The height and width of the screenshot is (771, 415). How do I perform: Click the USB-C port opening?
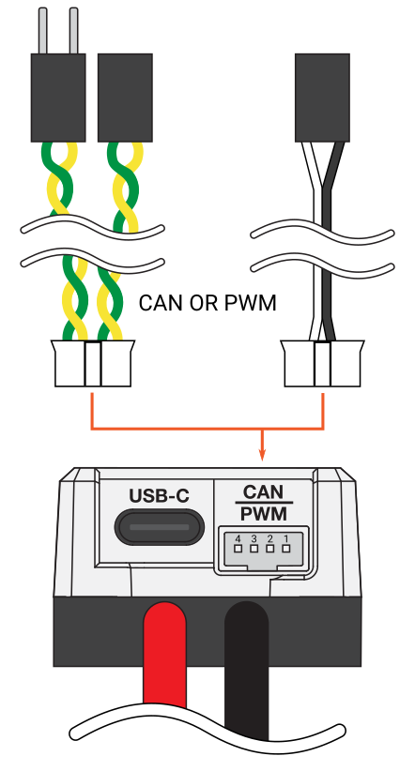pos(159,526)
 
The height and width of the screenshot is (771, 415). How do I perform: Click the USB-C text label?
pos(159,495)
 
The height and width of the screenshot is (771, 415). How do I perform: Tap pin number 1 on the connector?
pos(286,549)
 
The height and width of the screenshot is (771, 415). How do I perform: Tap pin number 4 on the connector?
pos(238,549)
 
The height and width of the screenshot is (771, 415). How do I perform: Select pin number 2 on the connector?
pos(270,549)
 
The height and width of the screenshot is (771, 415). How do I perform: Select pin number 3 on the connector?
pos(254,549)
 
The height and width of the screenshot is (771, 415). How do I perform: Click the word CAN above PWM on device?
pos(264,492)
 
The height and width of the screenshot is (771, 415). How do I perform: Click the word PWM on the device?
pos(264,514)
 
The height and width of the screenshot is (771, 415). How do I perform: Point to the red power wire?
pos(164,654)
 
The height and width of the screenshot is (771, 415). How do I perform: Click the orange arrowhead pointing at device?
pos(262,455)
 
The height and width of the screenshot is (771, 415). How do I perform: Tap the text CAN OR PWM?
pos(207,303)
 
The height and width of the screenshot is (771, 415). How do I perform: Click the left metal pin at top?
pos(43,31)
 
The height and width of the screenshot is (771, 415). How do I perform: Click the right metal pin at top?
pos(74,31)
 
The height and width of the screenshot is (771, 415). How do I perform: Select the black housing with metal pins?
pos(58,98)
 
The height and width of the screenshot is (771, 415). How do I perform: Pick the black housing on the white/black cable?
pos(322,98)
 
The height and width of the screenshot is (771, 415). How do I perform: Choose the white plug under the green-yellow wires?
pos(93,363)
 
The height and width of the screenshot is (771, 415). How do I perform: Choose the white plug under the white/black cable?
pos(322,363)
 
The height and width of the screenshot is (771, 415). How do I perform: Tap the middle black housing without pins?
pos(125,98)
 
